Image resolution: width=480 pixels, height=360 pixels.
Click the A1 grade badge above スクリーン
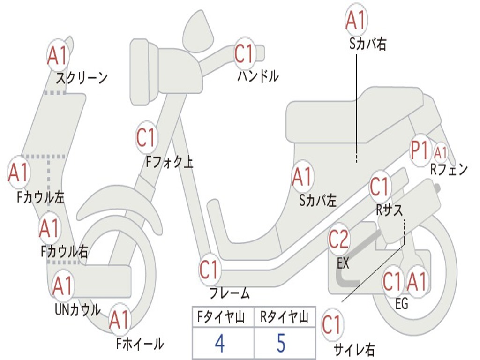58,56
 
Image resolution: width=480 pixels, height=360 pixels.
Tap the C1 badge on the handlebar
244,53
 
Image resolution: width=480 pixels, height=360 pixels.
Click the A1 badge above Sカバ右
355,20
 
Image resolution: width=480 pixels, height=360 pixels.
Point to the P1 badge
420,151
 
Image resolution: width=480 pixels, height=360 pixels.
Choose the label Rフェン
449,170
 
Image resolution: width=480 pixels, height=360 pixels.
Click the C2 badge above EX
338,240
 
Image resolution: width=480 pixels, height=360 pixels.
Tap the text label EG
401,304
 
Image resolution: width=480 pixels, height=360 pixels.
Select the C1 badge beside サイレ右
332,325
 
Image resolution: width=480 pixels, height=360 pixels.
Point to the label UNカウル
78,309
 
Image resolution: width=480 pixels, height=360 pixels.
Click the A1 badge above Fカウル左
19,172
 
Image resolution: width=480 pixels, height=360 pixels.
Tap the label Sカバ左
318,201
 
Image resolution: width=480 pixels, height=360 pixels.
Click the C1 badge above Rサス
380,187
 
